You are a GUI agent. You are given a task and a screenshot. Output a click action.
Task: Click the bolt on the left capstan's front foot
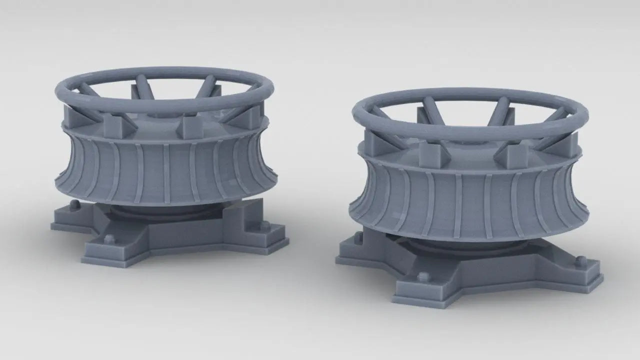tap(108, 237)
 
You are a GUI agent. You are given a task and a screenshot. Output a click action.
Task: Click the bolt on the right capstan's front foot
tap(422, 276)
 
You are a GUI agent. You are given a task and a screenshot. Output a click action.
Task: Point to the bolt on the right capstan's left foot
tap(358, 237)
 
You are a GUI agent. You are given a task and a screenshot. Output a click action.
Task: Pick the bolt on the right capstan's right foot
tap(580, 261)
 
